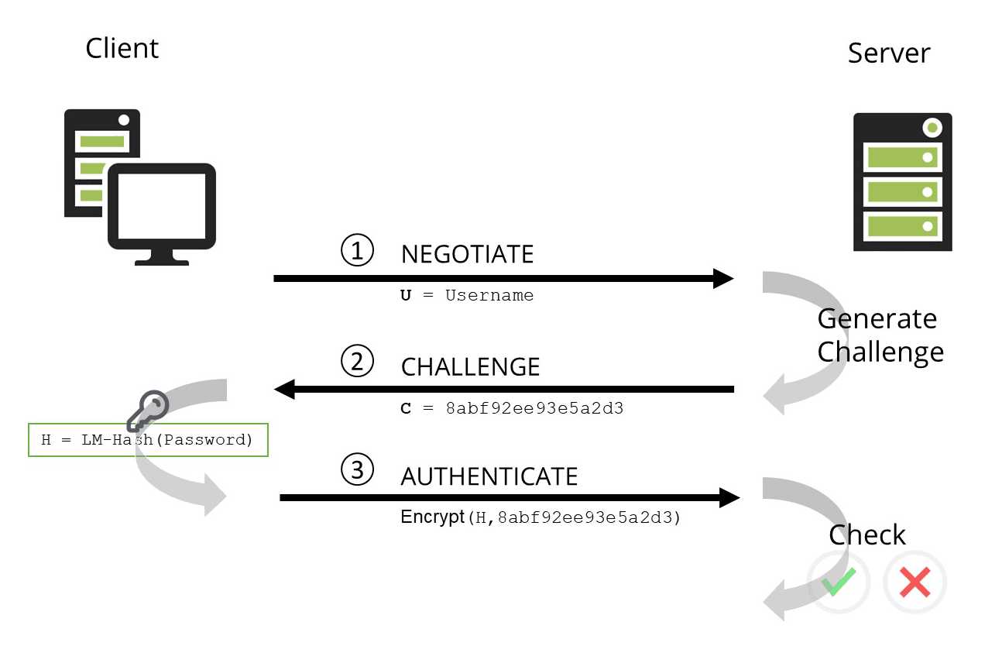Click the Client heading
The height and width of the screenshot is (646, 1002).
(122, 48)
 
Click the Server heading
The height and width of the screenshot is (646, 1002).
(888, 53)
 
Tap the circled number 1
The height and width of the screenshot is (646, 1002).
(357, 251)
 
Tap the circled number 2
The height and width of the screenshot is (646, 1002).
(357, 362)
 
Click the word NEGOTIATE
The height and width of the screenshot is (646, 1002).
(467, 254)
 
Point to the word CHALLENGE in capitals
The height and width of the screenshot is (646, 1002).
(470, 366)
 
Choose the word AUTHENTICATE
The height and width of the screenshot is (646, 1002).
(489, 476)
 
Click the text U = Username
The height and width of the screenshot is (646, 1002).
(466, 295)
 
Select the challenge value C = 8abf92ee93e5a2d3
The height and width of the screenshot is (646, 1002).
(511, 408)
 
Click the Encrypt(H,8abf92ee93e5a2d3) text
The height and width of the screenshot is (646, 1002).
(540, 517)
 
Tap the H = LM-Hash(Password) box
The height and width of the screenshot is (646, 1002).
(148, 440)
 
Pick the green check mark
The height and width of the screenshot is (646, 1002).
(839, 582)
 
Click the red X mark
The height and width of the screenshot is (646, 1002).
(914, 582)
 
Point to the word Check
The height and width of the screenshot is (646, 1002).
(866, 535)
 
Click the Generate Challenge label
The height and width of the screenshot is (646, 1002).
(880, 335)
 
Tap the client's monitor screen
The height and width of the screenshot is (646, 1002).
(161, 206)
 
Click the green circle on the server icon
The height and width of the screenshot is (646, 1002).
(932, 127)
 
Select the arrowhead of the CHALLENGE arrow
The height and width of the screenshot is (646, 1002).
(285, 389)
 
